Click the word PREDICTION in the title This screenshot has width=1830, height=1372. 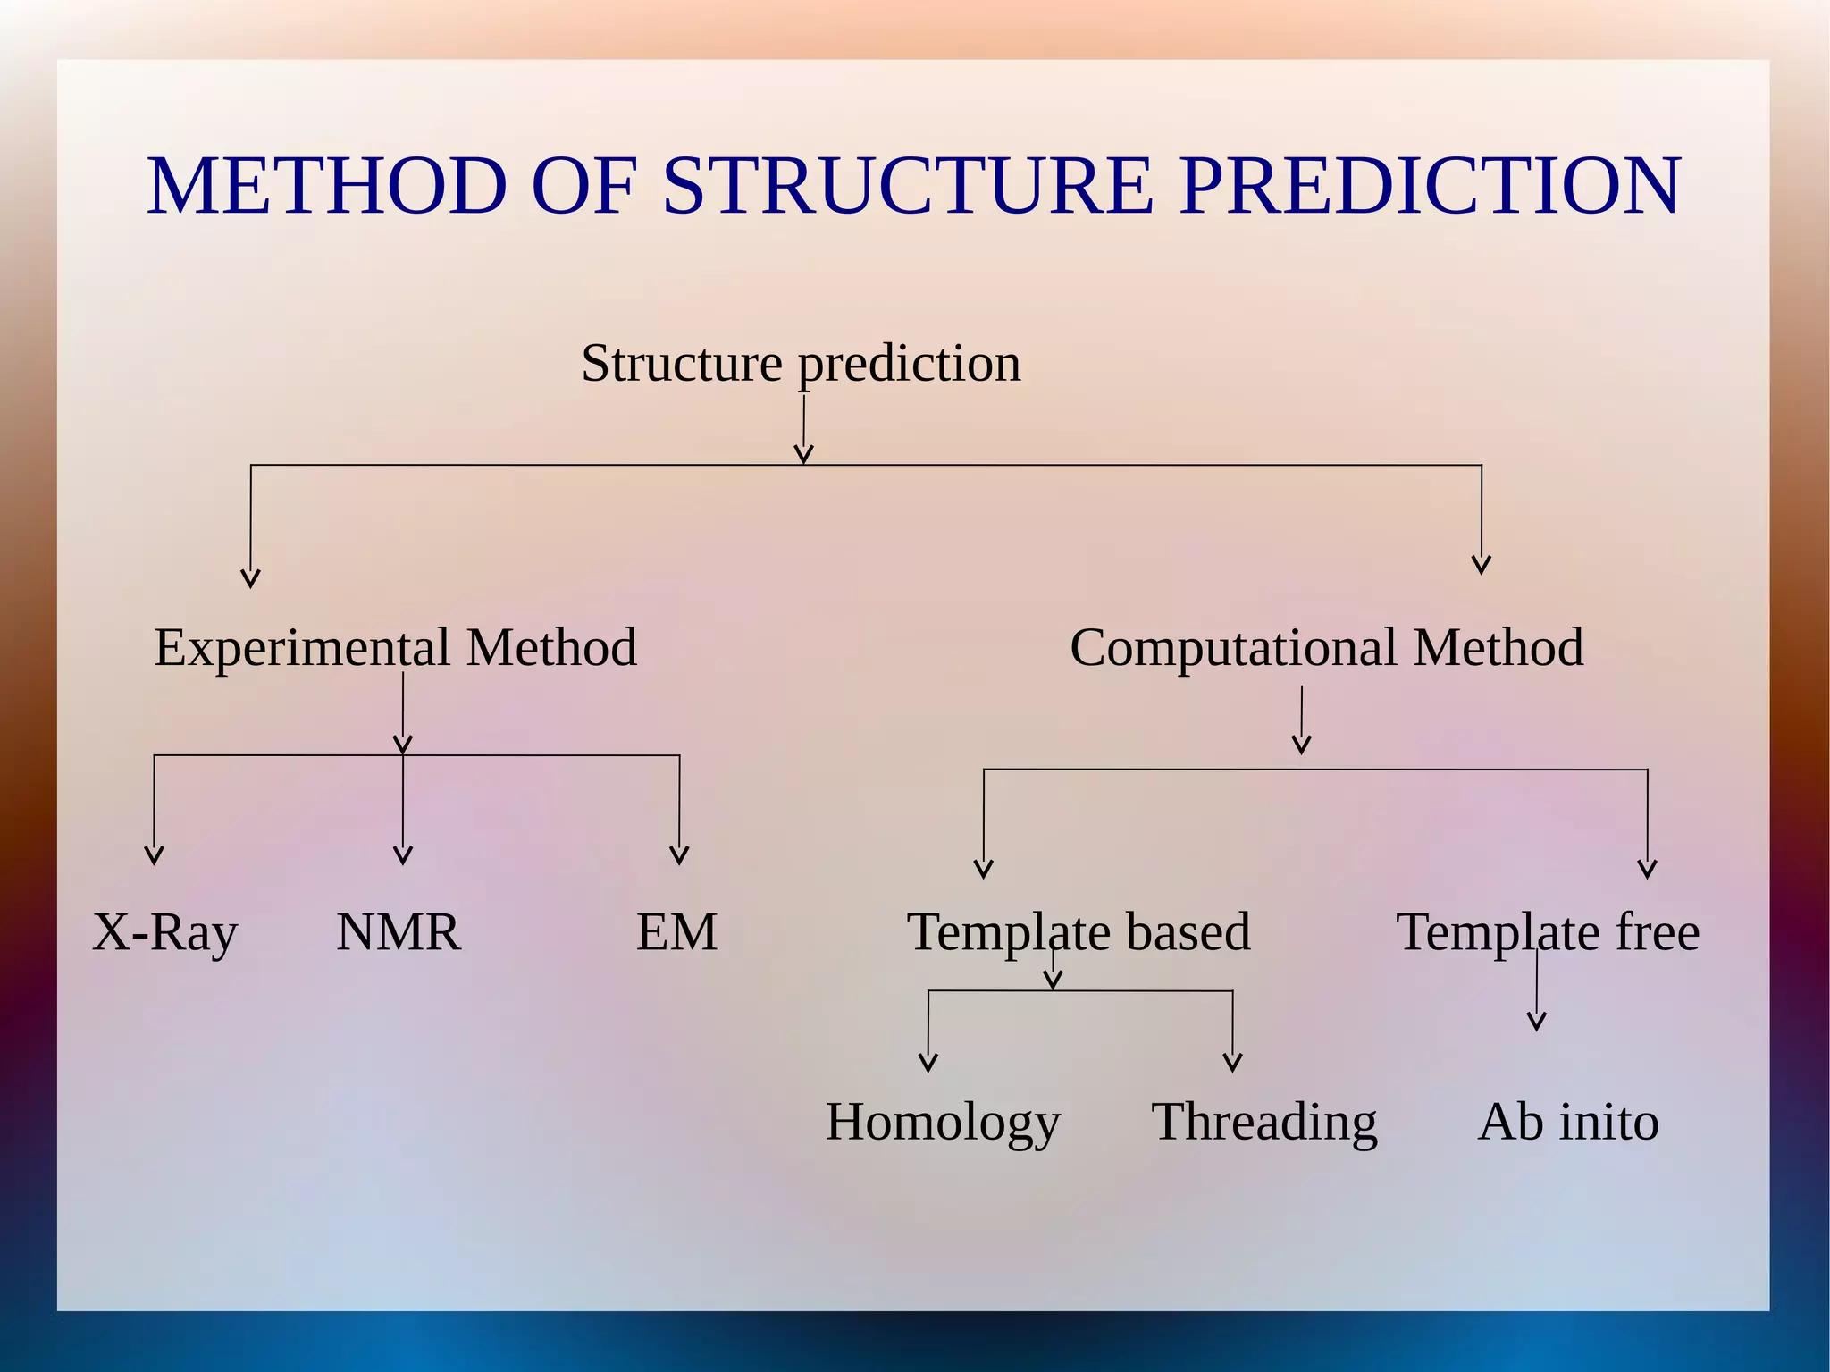pos(1430,186)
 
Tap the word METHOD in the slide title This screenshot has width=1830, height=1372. pos(327,186)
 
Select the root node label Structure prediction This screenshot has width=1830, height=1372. pos(801,363)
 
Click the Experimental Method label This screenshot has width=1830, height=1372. pos(395,647)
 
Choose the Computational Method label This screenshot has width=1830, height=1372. pos(1326,647)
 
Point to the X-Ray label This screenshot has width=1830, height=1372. pos(165,932)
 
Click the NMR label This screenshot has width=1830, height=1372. pos(399,932)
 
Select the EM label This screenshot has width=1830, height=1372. pos(676,932)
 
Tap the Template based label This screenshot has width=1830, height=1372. pos(1079,932)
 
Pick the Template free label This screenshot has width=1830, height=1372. pos(1548,932)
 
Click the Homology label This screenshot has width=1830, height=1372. pos(943,1122)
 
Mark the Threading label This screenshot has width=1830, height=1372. pos(1264,1122)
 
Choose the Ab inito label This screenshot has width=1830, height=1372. pos(1568,1122)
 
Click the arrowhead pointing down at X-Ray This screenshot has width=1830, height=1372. pos(155,856)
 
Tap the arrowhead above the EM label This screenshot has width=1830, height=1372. pos(679,856)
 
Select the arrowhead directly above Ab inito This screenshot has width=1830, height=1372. pos(1537,1023)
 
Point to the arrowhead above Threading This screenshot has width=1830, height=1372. pos(1233,1064)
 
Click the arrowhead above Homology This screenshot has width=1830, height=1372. pos(928,1064)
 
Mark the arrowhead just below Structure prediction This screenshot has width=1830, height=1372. pos(803,456)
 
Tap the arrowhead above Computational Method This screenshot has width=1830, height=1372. pos(1482,566)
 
